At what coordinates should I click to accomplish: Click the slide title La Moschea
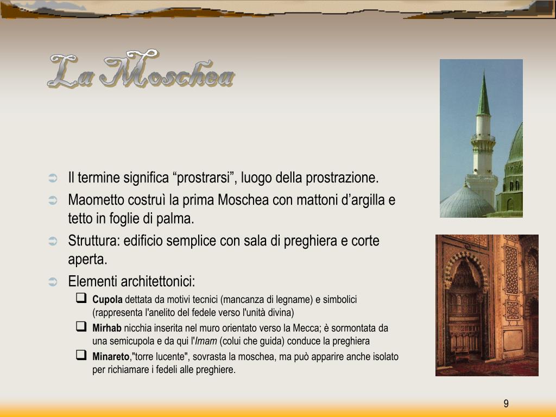point(141,70)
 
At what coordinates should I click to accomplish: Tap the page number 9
point(506,403)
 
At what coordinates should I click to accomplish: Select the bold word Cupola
point(108,299)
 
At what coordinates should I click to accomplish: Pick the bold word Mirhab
point(107,328)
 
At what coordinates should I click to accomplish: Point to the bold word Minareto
point(111,357)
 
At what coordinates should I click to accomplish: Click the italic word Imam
point(206,341)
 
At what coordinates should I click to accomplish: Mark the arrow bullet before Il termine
point(53,179)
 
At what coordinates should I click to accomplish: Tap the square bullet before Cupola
point(81,298)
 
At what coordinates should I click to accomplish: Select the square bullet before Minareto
point(81,356)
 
